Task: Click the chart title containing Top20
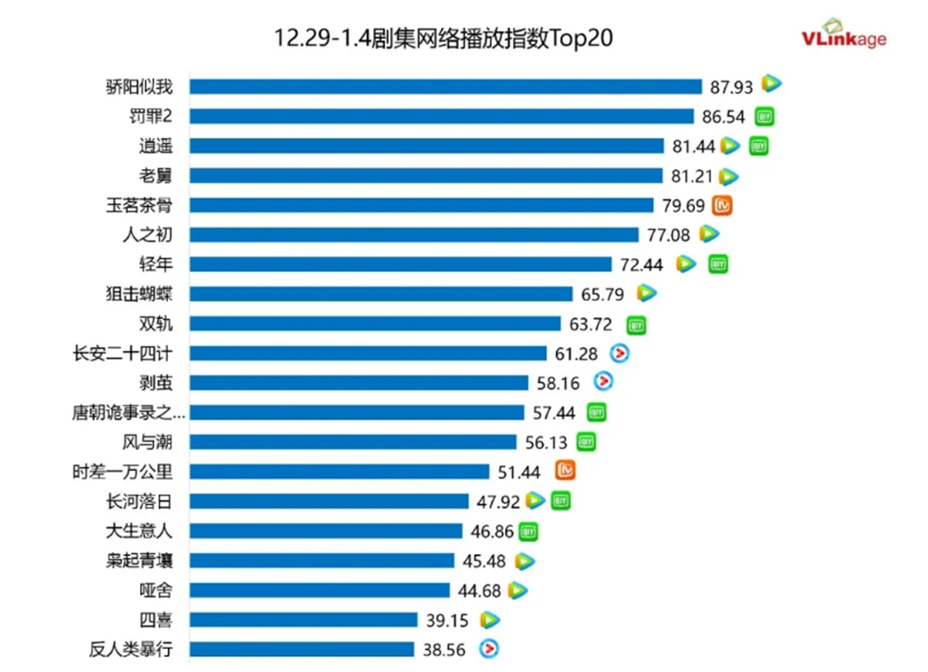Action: click(445, 38)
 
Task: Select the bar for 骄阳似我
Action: click(445, 86)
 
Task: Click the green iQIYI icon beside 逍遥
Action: click(759, 146)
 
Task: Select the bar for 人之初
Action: click(414, 235)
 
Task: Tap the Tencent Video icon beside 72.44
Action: click(686, 265)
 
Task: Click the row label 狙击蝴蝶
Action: click(139, 294)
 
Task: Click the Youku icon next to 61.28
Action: click(619, 354)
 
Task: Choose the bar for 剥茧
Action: click(359, 382)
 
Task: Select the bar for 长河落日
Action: click(329, 501)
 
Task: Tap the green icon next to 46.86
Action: click(528, 531)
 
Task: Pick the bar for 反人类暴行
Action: click(302, 650)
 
